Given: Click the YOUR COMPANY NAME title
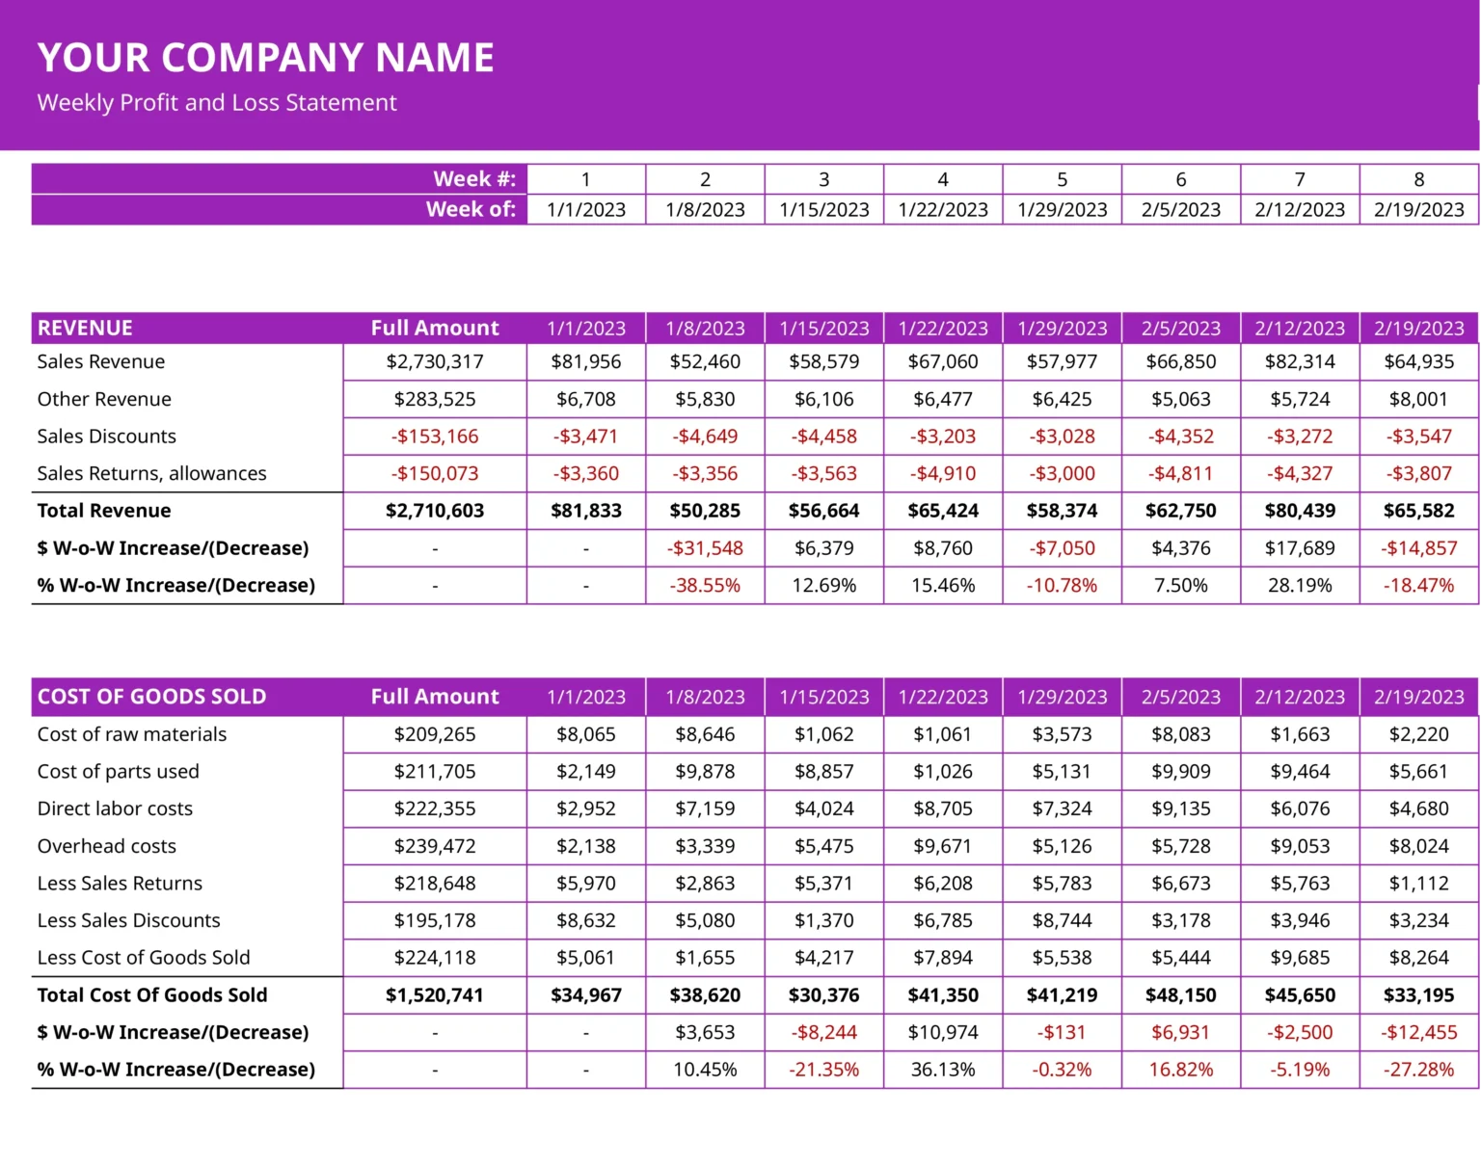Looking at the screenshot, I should (x=265, y=58).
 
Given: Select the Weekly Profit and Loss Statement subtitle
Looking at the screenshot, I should (x=217, y=103).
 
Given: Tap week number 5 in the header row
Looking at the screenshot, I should (x=1062, y=179).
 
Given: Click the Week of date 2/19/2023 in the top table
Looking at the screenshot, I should (x=1418, y=210).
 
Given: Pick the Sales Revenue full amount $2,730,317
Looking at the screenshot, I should (x=435, y=362).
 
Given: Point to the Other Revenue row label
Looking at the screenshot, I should (x=104, y=399).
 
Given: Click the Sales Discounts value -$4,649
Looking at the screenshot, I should (x=705, y=437).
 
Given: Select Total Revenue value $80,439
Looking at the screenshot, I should (x=1300, y=511).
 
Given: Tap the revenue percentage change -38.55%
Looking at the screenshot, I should (x=705, y=586).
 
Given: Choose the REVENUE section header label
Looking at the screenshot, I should (x=85, y=329).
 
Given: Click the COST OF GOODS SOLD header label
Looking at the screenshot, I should (x=151, y=697).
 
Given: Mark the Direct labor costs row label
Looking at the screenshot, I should (x=115, y=808).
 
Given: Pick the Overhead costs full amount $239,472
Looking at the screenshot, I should (x=435, y=846).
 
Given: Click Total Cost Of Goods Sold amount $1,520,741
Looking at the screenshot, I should (x=435, y=995).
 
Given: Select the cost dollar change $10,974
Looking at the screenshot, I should (x=943, y=1033).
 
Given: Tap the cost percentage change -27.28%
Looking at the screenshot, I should (x=1418, y=1070).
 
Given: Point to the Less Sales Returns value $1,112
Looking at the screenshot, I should (x=1418, y=884).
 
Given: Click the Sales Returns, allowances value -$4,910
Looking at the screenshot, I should (x=943, y=474).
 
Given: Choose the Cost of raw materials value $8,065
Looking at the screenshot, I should (x=586, y=734).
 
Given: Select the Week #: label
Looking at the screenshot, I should (x=474, y=179).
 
